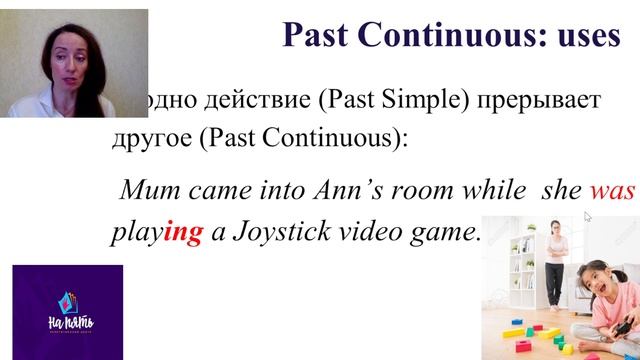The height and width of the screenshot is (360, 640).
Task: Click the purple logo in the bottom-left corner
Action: pos(67,311)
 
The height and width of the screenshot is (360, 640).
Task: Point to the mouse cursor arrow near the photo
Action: pos(587,215)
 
